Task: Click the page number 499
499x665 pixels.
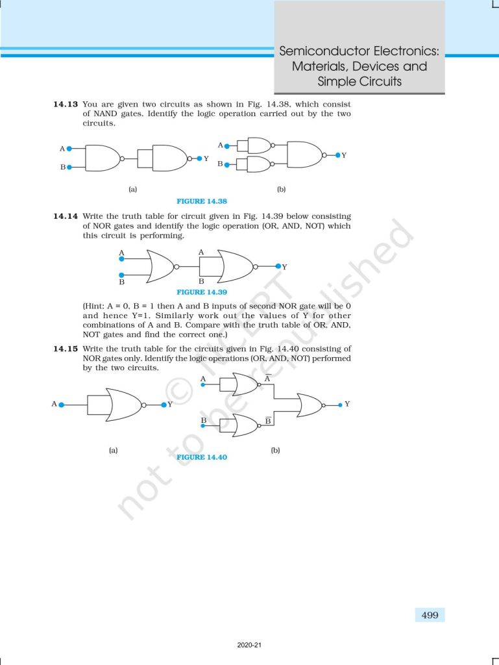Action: pyautogui.click(x=430, y=614)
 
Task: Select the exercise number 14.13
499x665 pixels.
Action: pyautogui.click(x=66, y=104)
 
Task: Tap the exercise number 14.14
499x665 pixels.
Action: pyautogui.click(x=66, y=216)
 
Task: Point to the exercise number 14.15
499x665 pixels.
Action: pyautogui.click(x=66, y=349)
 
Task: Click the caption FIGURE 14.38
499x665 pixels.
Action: pyautogui.click(x=202, y=201)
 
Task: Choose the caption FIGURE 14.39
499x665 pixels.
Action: pyautogui.click(x=202, y=292)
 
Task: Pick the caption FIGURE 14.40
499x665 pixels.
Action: pyautogui.click(x=202, y=457)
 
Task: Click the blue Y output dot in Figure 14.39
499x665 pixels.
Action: pyautogui.click(x=278, y=266)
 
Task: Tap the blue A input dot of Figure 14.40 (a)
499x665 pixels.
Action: pyautogui.click(x=61, y=404)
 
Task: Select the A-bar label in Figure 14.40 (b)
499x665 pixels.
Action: pyautogui.click(x=267, y=379)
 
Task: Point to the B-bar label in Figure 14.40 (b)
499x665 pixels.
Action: pyautogui.click(x=267, y=421)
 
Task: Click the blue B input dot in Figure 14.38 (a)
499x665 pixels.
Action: pyautogui.click(x=69, y=167)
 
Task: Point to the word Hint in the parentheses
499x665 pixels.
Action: pyautogui.click(x=96, y=305)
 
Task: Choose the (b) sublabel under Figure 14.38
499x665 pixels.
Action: pyautogui.click(x=281, y=189)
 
